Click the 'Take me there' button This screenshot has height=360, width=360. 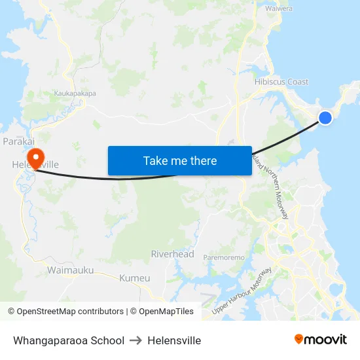(180, 160)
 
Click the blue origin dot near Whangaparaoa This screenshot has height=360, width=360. (325, 118)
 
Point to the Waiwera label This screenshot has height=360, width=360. (278, 9)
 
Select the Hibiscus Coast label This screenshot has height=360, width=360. (281, 82)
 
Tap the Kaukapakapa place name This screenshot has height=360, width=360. (75, 94)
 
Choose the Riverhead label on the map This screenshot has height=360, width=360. (172, 254)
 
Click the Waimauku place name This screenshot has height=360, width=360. (70, 270)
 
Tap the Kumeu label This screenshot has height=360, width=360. (134, 278)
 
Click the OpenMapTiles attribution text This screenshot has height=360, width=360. (162, 312)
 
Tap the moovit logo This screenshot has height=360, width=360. (320, 339)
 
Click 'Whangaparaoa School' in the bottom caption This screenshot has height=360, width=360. (69, 340)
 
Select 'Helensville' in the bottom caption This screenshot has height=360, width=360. (174, 340)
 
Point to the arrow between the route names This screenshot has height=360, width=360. (135, 340)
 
